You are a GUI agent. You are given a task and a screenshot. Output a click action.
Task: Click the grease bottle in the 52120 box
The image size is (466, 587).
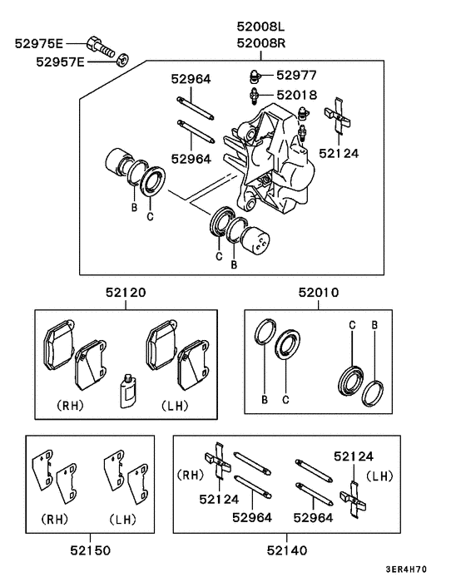pos(128,389)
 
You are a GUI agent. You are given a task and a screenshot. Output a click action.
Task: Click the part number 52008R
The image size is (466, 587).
pos(260,43)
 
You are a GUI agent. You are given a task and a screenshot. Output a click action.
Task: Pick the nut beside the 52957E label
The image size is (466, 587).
pos(121,58)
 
